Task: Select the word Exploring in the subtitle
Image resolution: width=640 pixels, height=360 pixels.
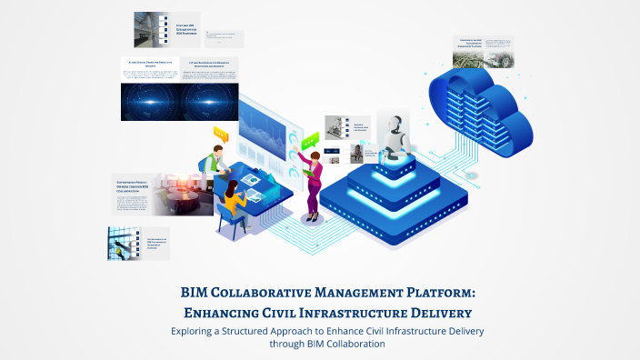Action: pos(197,331)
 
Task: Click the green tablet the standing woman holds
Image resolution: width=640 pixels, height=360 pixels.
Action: pos(308,173)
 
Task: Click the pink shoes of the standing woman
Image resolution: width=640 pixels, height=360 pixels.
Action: pos(314,218)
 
